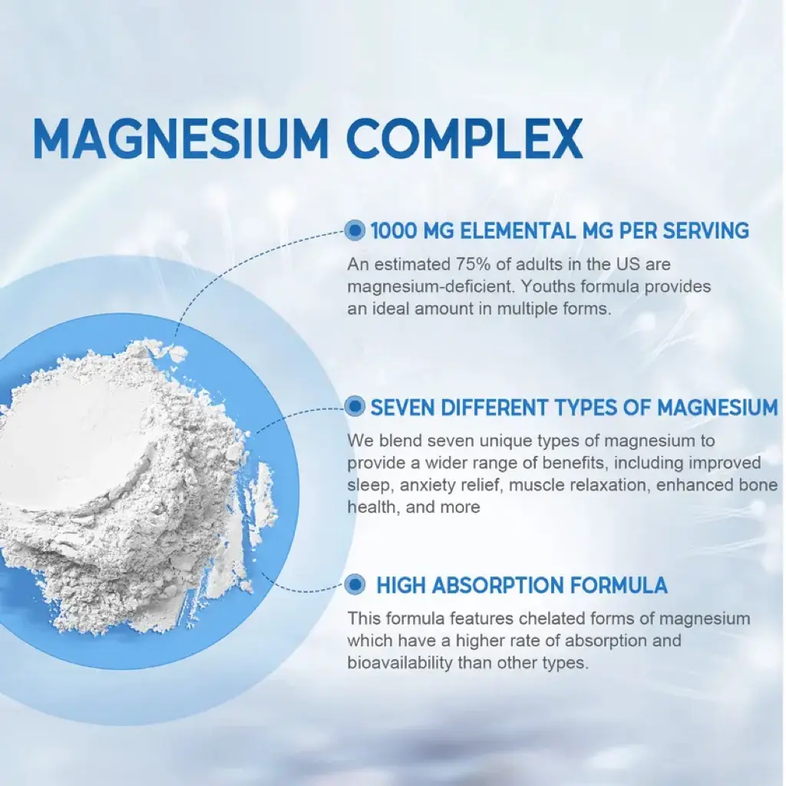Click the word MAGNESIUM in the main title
pyautogui.click(x=180, y=139)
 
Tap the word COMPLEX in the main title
pyautogui.click(x=464, y=139)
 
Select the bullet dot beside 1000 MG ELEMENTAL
pyautogui.click(x=355, y=230)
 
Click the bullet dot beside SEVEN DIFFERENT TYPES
pyautogui.click(x=355, y=407)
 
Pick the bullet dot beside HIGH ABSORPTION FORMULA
pyautogui.click(x=355, y=584)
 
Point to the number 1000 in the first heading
pyautogui.click(x=394, y=231)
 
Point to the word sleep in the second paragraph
pyautogui.click(x=368, y=485)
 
